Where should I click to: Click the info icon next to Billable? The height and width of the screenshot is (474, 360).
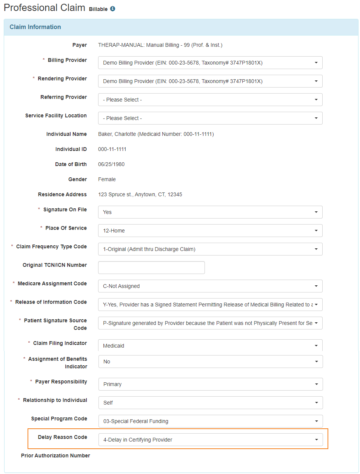pos(112,9)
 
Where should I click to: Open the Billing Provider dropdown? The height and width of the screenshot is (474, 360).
pos(210,63)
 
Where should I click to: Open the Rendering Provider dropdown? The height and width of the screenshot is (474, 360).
pos(210,81)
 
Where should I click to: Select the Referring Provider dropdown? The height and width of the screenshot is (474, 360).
pos(210,100)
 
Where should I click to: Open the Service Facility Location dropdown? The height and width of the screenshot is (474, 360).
pos(210,118)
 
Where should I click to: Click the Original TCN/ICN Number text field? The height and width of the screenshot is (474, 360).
pos(151,268)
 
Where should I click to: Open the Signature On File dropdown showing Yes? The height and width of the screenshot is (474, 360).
pos(210,212)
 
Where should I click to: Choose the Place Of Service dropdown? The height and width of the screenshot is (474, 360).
pos(210,231)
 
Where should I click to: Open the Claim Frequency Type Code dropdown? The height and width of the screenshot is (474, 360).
pos(210,249)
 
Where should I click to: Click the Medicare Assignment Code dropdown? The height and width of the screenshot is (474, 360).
pos(210,286)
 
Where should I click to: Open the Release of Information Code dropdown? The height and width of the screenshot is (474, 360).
pos(210,305)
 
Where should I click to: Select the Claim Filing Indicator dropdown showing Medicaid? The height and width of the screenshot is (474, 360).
pos(210,346)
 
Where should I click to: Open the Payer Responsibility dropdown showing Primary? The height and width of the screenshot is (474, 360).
pos(211,384)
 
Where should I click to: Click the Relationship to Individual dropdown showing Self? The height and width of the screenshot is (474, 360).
pos(211,403)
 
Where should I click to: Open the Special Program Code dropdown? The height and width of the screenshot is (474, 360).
pos(211,421)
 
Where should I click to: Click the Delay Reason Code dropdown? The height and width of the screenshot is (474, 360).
pos(211,440)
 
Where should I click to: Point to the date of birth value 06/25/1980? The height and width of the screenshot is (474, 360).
pos(111,164)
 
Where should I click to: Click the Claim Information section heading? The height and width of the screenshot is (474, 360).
pos(35,27)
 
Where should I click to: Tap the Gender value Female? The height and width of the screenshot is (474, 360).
pos(107,179)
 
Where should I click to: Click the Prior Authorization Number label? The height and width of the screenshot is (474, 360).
pos(55,456)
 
